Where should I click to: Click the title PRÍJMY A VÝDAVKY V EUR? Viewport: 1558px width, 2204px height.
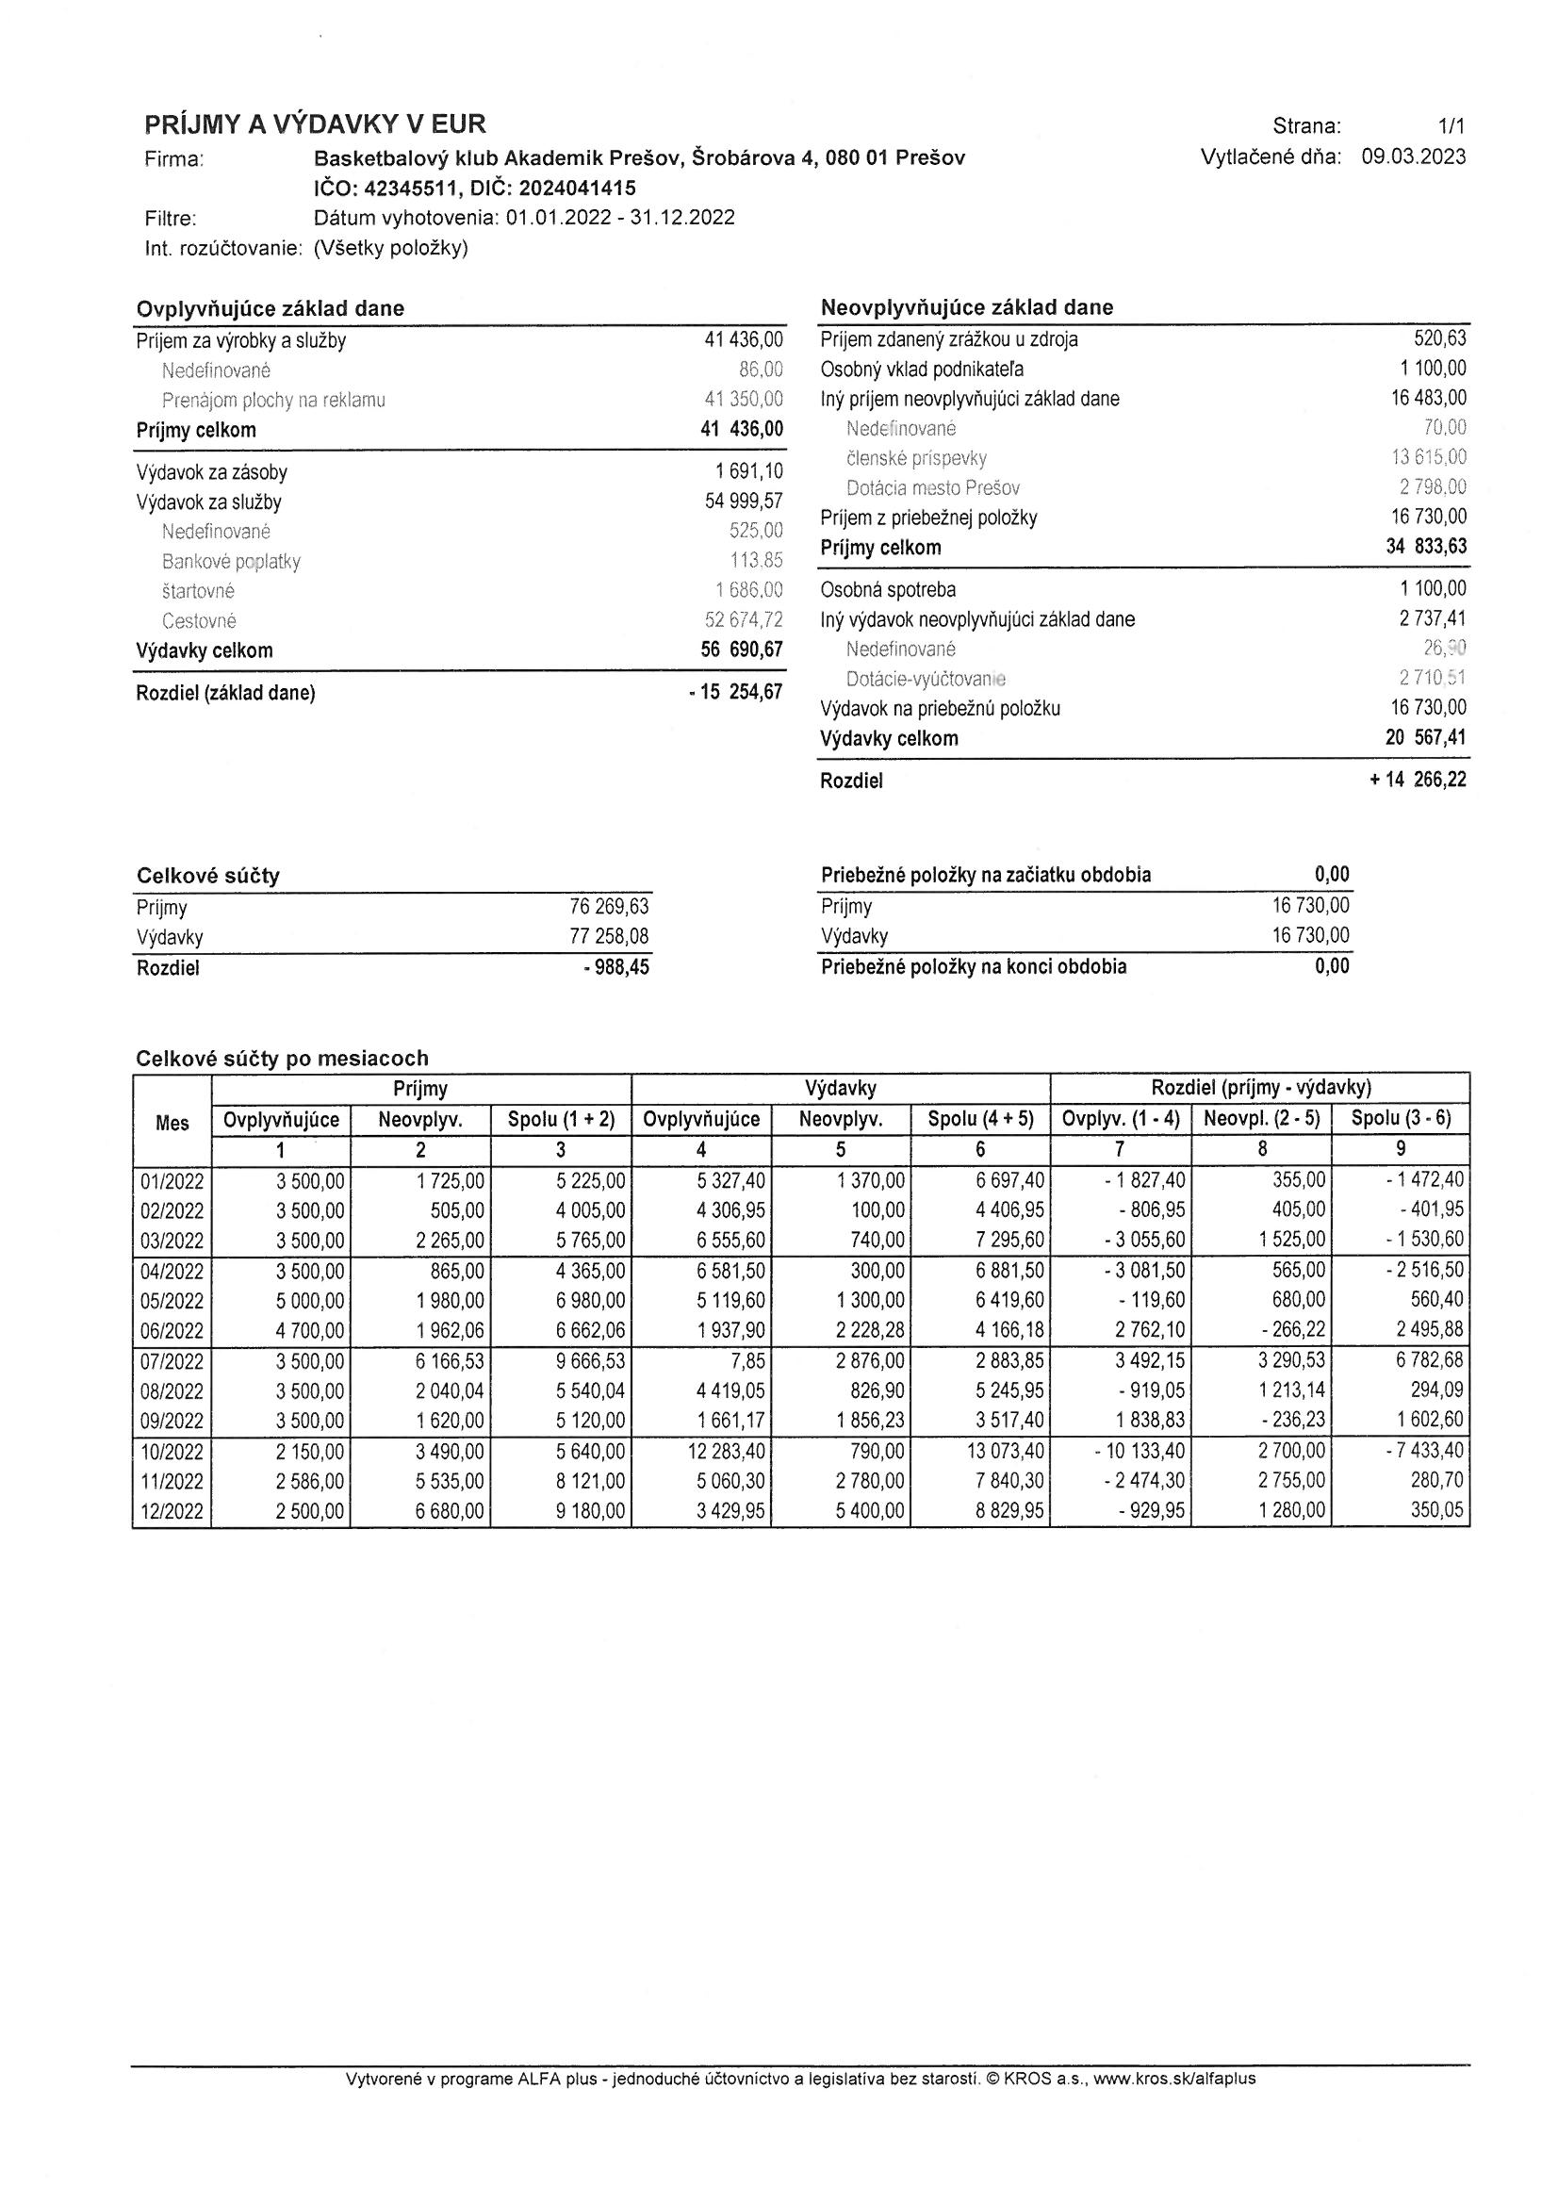tap(315, 123)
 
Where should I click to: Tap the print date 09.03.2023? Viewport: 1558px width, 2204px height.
tap(1413, 157)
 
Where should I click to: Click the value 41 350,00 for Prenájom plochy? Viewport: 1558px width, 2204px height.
tap(743, 401)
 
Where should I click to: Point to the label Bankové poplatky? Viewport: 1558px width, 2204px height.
tap(230, 562)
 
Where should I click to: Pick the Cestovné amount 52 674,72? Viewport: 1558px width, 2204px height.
tap(743, 621)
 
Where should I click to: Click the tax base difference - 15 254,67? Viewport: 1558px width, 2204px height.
tap(735, 692)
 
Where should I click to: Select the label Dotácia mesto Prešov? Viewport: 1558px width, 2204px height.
tap(932, 487)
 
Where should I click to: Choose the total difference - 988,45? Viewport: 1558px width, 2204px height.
tap(615, 967)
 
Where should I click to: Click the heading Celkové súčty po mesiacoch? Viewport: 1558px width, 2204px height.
tap(282, 1058)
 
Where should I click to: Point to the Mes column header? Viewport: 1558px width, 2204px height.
tap(172, 1122)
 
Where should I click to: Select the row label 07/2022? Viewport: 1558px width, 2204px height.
tap(172, 1361)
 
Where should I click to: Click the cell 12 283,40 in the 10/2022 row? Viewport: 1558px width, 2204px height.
tap(727, 1451)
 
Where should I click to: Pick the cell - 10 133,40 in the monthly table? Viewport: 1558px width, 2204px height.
tap(1140, 1451)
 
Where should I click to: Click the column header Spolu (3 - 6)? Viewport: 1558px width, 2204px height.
tap(1401, 1118)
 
